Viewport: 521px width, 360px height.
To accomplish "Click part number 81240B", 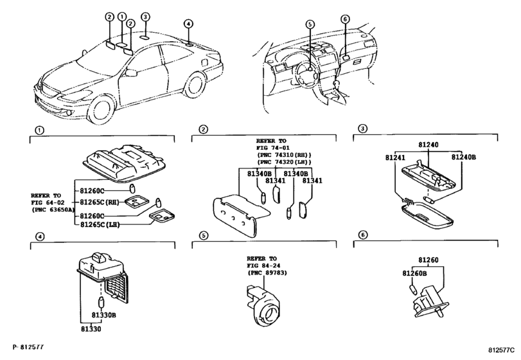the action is click(x=463, y=157).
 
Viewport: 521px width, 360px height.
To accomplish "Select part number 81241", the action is click(x=395, y=157).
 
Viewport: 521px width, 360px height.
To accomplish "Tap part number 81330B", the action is click(x=103, y=314).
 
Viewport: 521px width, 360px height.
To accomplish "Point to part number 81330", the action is click(x=91, y=328).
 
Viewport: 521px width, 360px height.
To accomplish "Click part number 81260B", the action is click(x=414, y=273).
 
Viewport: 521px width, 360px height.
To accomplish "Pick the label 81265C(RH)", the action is click(x=100, y=202).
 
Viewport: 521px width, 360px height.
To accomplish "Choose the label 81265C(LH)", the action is click(x=100, y=224).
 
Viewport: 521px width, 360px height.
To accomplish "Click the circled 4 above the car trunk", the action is click(x=188, y=24).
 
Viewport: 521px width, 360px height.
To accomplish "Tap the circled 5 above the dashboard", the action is click(x=310, y=24).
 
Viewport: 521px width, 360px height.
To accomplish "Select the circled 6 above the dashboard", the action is click(x=345, y=19).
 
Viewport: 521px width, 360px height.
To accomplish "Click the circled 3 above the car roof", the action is click(x=145, y=17).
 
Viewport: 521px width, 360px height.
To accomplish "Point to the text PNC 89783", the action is click(x=267, y=273).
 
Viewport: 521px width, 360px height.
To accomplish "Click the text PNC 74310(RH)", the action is click(x=285, y=155).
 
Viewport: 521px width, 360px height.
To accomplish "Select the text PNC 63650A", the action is click(x=53, y=210).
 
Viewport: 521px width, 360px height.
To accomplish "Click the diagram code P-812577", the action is click(x=28, y=347).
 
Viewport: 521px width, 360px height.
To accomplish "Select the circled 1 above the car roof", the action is click(x=122, y=16).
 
